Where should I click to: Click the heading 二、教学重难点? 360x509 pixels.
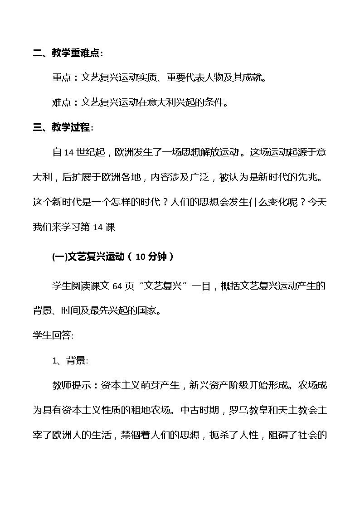tap(68, 53)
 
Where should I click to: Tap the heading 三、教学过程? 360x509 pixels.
tap(63, 127)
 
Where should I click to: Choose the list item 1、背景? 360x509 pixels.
tap(70, 361)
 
